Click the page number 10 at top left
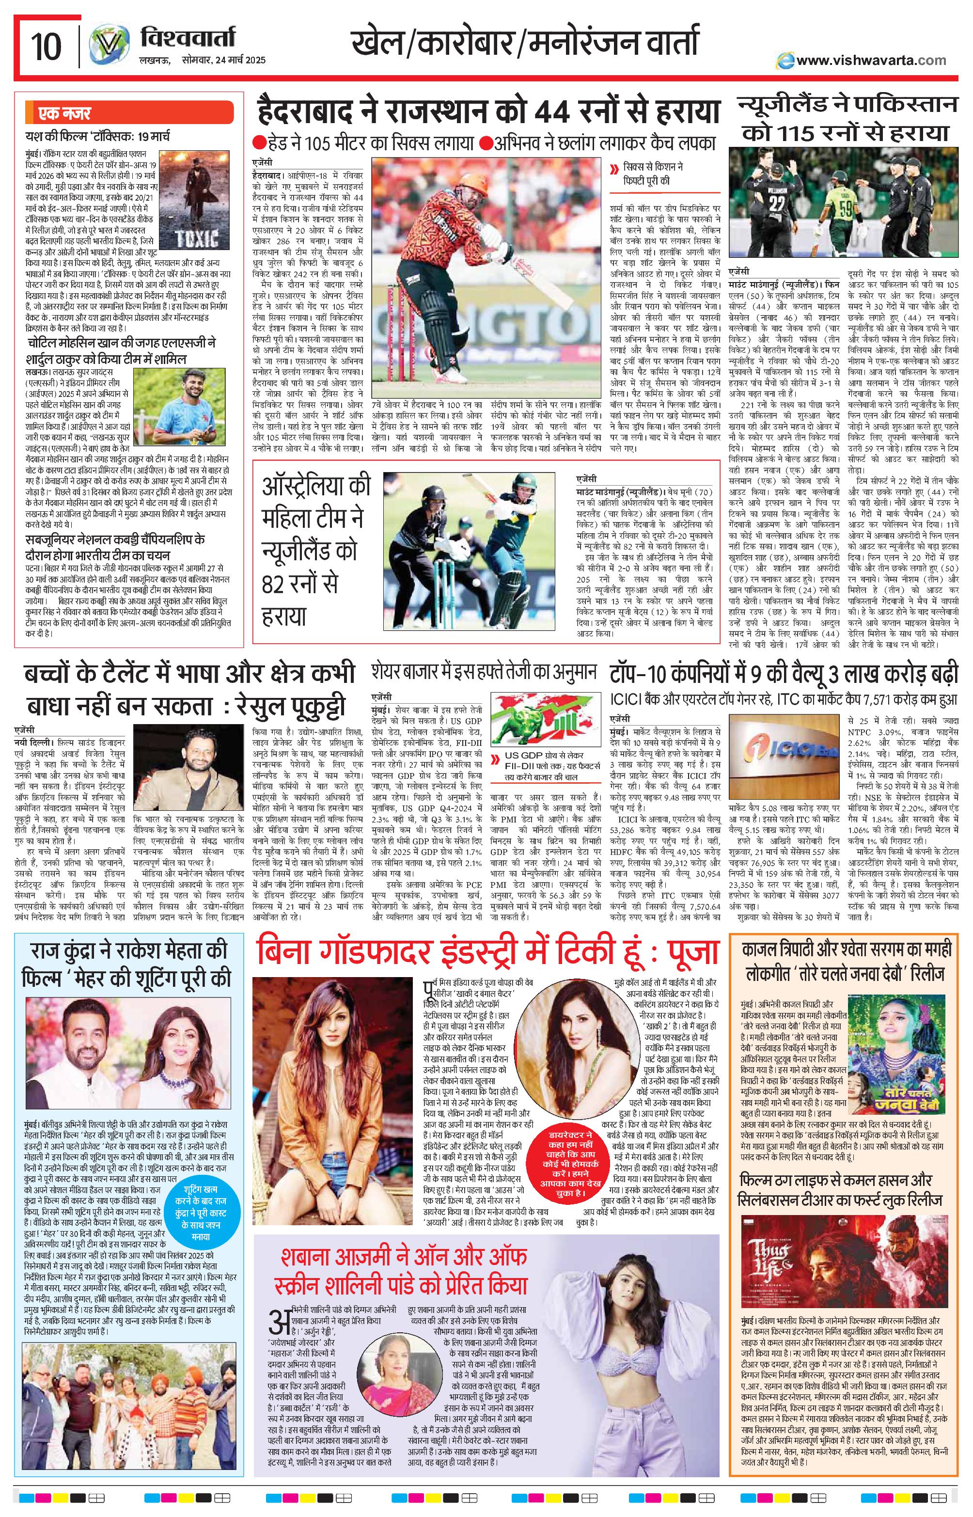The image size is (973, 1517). (x=46, y=46)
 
